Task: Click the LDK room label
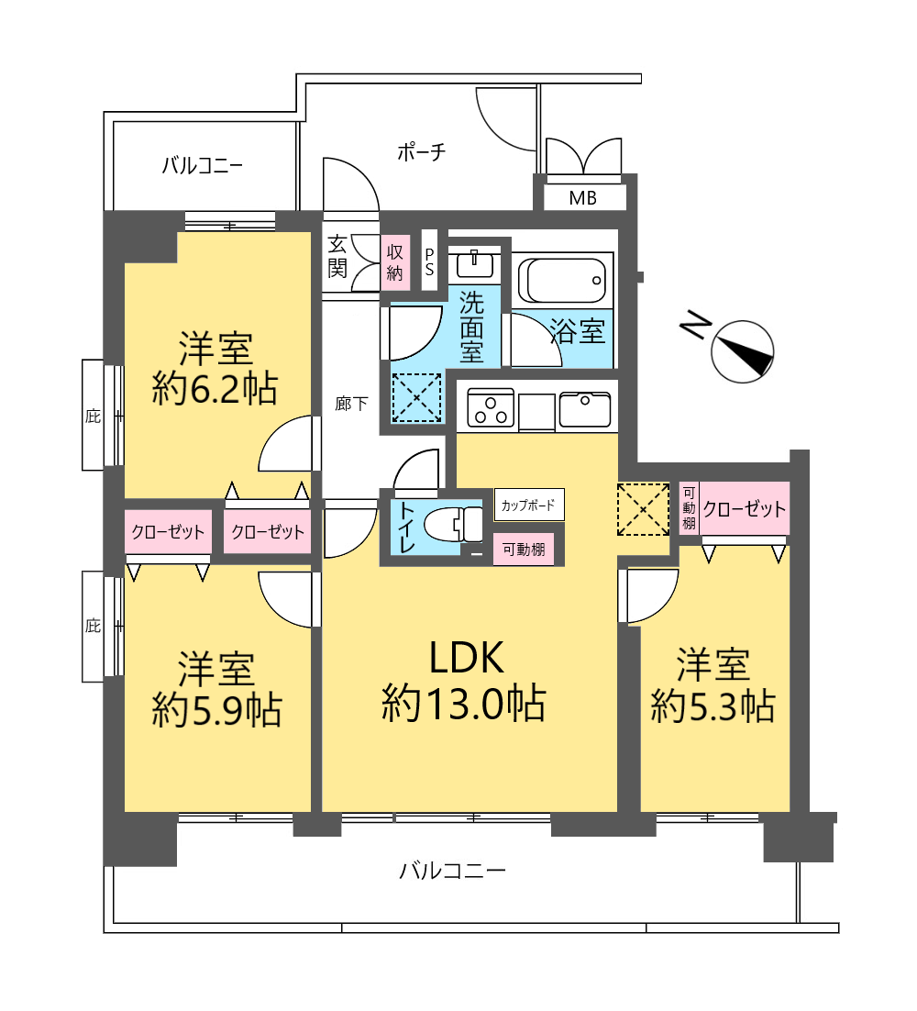click(466, 659)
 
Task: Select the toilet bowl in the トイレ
click(453, 524)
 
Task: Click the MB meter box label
click(583, 198)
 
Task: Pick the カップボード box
click(529, 505)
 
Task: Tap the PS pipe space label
click(429, 261)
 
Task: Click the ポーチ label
click(422, 152)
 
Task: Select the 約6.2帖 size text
click(215, 389)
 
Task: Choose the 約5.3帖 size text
click(713, 705)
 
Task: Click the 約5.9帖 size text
click(216, 710)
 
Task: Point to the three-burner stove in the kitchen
click(491, 408)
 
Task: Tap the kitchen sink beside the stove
click(585, 409)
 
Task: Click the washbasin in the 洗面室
click(475, 264)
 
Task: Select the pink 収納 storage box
click(395, 261)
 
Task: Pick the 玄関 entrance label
click(337, 257)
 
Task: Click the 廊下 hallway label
click(351, 404)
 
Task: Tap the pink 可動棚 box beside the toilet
click(524, 550)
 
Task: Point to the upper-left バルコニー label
click(203, 166)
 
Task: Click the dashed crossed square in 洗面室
click(417, 398)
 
